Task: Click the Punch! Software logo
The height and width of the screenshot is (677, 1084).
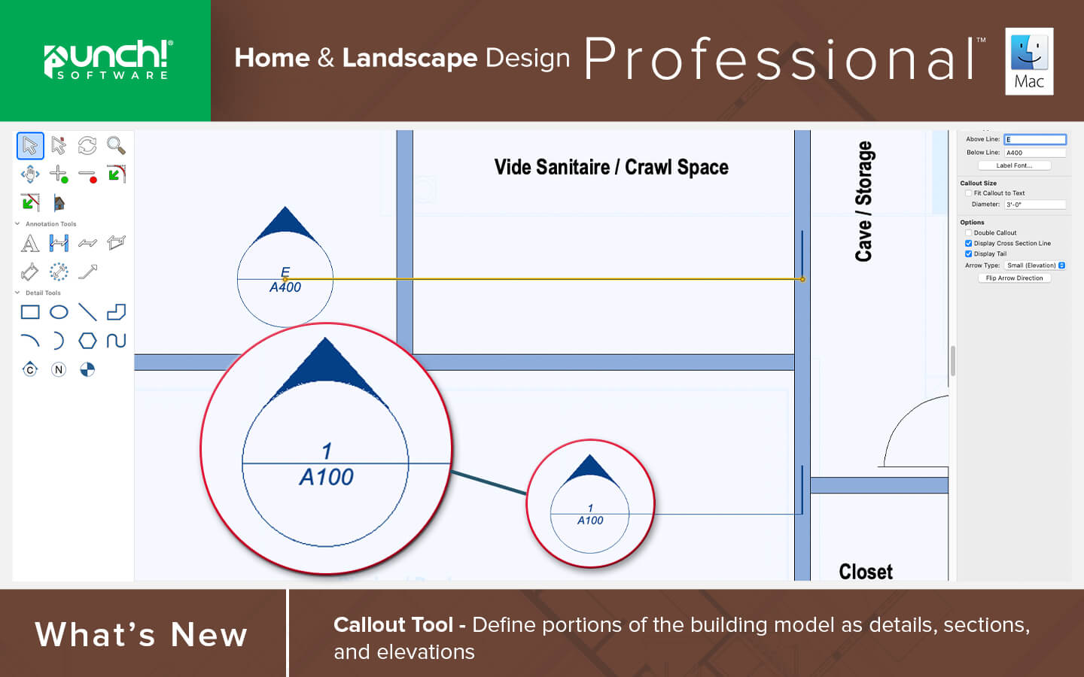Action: coord(108,59)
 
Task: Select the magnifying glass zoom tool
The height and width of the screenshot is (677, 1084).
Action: coord(116,146)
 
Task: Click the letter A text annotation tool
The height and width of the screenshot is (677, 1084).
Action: coord(30,243)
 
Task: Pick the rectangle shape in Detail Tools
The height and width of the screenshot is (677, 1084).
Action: coord(30,312)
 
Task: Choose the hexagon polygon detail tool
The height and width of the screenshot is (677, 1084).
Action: coord(87,341)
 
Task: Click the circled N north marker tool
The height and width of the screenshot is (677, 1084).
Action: coord(59,370)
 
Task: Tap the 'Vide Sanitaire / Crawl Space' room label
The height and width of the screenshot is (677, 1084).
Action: coord(611,167)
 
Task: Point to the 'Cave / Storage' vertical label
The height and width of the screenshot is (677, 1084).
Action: coord(864,201)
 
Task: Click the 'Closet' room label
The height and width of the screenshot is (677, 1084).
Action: coord(866,572)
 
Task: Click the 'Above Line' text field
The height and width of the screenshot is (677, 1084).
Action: coord(1035,139)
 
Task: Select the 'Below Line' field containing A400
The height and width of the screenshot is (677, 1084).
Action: coord(1035,152)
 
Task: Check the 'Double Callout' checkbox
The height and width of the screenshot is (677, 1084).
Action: coord(968,232)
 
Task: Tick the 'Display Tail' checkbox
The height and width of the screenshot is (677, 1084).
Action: coord(968,254)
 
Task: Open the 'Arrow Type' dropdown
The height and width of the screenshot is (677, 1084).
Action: coord(1035,266)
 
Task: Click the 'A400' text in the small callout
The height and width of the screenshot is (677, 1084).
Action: coord(285,287)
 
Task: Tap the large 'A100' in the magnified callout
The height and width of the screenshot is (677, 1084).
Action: coord(327,478)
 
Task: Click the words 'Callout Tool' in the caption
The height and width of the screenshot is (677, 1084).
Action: coord(394,625)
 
